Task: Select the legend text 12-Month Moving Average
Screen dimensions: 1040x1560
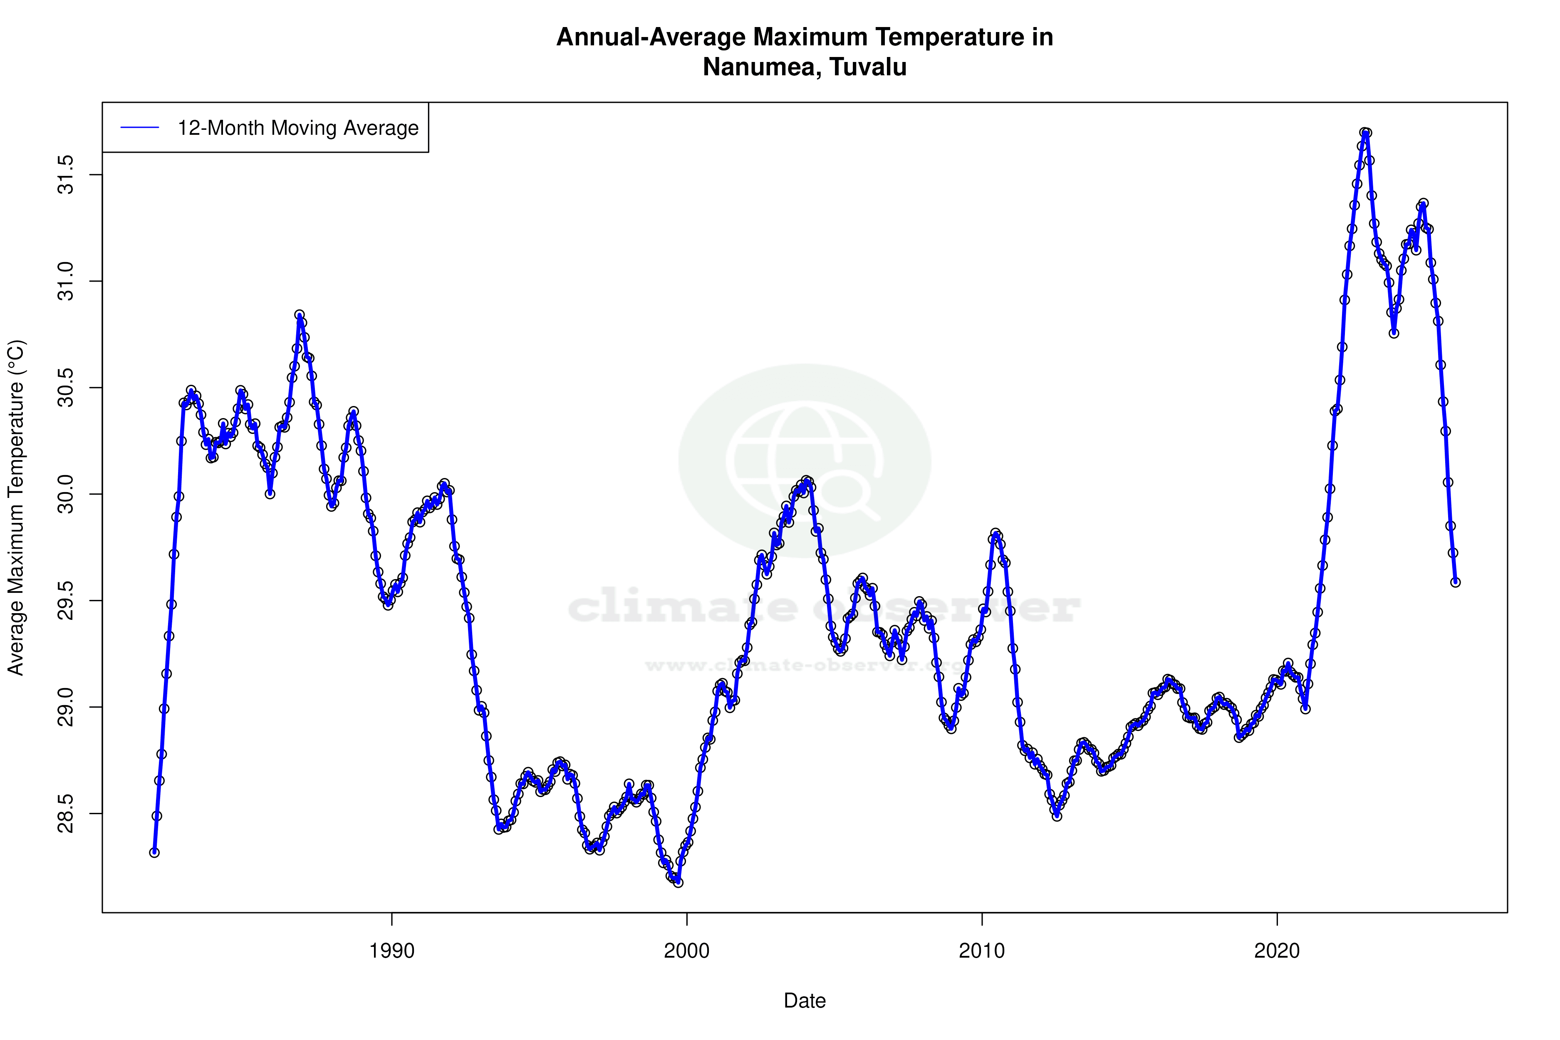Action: tap(298, 128)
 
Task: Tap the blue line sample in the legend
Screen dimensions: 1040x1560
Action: tap(140, 128)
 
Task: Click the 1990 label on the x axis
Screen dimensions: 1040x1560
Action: tap(391, 951)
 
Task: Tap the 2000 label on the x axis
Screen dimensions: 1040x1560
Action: tap(686, 951)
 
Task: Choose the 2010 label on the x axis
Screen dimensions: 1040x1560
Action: tap(982, 951)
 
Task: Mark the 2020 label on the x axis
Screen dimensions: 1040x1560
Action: tap(1277, 951)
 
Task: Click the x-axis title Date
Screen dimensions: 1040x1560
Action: tap(805, 1001)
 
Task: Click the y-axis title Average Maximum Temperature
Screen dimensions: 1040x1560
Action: tap(16, 508)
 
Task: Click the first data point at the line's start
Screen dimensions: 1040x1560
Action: tap(154, 852)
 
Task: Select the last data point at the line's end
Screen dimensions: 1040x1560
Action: tap(1455, 582)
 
